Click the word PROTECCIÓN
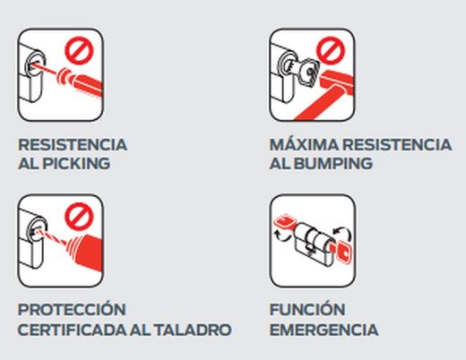(71, 310)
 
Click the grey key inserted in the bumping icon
(306, 72)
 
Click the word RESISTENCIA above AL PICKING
(73, 145)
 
